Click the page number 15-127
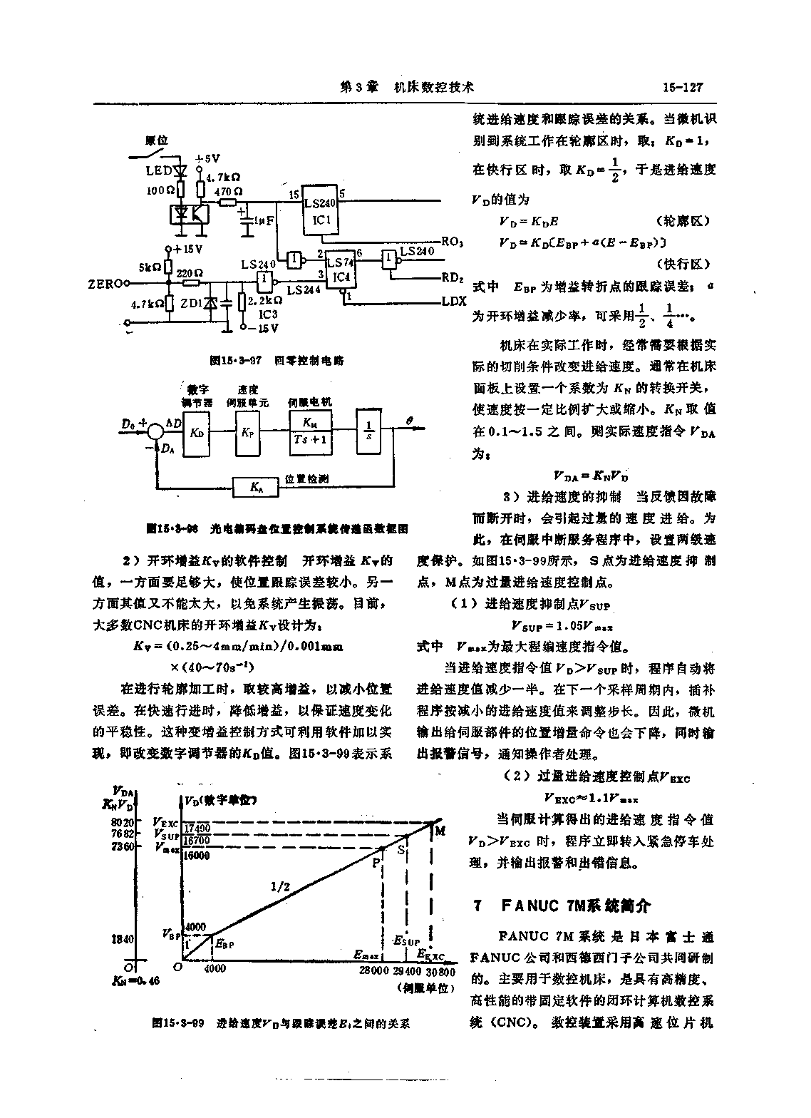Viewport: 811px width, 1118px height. [x=682, y=87]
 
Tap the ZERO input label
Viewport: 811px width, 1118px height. [x=103, y=283]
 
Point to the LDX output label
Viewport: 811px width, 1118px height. [x=453, y=302]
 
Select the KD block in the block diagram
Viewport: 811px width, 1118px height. [x=197, y=433]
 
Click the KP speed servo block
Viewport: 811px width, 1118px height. [x=247, y=433]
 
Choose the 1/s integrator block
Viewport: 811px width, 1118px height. [x=368, y=433]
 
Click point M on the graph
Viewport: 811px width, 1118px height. [x=440, y=830]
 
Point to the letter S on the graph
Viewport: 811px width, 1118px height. [x=401, y=849]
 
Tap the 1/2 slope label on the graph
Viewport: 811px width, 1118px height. [x=280, y=886]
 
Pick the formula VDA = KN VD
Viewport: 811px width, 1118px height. [x=591, y=476]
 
